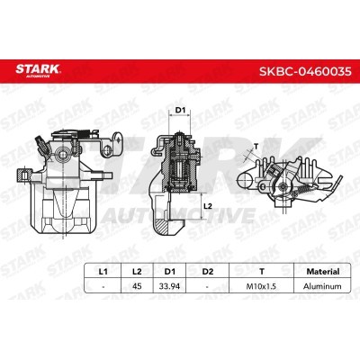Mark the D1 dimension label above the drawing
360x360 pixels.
click(179, 111)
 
